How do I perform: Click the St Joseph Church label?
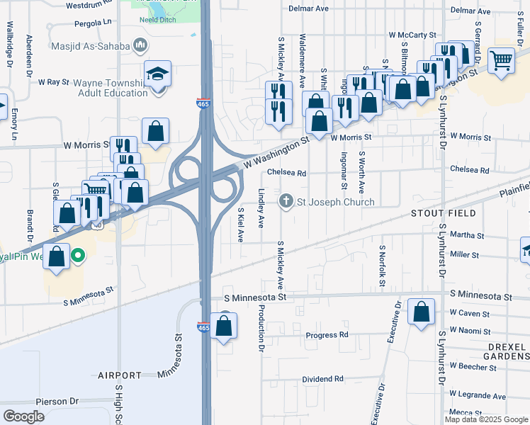click(335, 202)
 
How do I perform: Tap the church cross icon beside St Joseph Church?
click(286, 202)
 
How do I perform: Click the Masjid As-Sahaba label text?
click(91, 47)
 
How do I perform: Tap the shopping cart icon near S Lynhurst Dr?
click(502, 61)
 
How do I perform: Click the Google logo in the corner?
click(23, 416)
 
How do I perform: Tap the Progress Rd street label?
click(327, 335)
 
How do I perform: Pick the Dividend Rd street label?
click(322, 380)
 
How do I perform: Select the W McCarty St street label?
click(412, 35)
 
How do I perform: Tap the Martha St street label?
click(467, 236)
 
